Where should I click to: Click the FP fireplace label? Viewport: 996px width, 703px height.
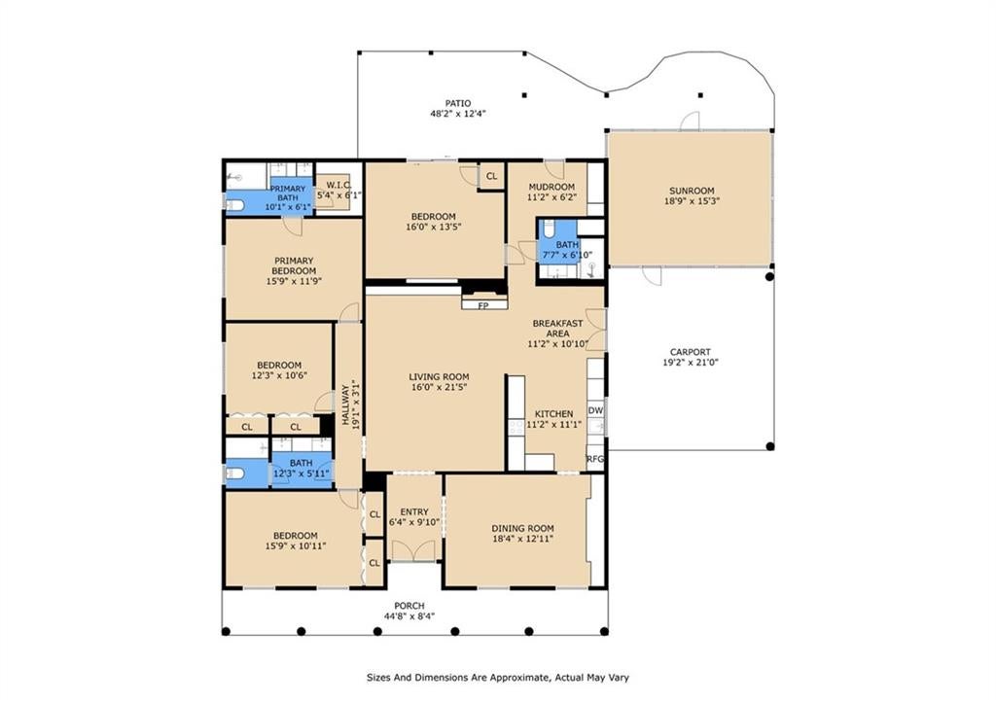click(x=483, y=306)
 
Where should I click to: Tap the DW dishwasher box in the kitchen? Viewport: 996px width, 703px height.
click(x=595, y=411)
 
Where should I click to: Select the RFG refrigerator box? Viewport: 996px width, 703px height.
click(x=595, y=459)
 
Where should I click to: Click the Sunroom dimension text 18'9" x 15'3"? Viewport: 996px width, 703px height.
click(x=692, y=200)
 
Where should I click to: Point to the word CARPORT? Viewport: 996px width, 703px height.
click(x=691, y=352)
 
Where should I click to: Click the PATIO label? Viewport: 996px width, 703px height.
click(x=458, y=103)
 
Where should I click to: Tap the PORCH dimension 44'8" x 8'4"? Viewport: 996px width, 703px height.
click(x=409, y=616)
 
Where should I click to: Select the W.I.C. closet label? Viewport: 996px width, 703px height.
click(x=339, y=185)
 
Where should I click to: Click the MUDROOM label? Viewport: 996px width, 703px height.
click(x=551, y=187)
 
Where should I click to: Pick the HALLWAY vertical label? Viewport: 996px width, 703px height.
click(x=345, y=405)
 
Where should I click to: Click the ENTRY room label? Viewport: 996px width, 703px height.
click(x=414, y=511)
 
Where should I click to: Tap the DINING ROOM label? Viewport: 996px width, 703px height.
click(x=522, y=528)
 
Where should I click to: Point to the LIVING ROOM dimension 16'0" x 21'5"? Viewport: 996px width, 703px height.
click(x=439, y=387)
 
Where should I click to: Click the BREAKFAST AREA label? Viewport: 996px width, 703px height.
click(x=557, y=329)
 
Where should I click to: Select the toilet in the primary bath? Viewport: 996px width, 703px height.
click(x=235, y=204)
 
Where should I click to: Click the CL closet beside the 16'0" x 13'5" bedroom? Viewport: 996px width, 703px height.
click(x=491, y=177)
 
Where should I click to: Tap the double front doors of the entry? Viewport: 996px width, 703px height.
click(x=414, y=550)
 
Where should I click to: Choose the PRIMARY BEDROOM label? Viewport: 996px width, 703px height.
click(x=294, y=265)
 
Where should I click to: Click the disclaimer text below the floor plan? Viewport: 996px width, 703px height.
click(x=498, y=678)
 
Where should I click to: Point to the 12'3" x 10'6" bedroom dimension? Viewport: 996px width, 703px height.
click(x=279, y=375)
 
